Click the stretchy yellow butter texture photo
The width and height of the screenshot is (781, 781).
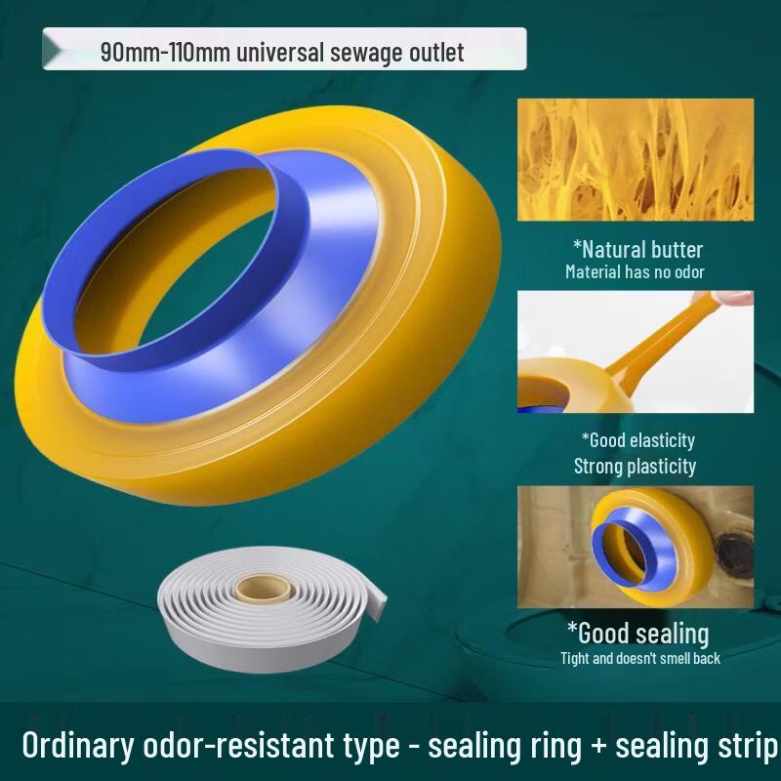point(635,158)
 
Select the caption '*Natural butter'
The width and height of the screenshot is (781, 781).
point(637,249)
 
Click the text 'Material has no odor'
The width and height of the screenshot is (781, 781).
point(635,271)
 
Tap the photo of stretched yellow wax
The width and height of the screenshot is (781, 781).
point(635,351)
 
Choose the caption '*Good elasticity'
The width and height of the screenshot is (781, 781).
point(637,440)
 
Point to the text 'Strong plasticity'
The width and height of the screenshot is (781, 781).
point(635,466)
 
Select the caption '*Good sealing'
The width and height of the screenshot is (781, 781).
point(637,633)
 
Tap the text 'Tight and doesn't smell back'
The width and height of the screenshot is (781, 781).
point(639,658)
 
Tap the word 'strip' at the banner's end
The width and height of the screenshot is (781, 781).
point(747,747)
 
